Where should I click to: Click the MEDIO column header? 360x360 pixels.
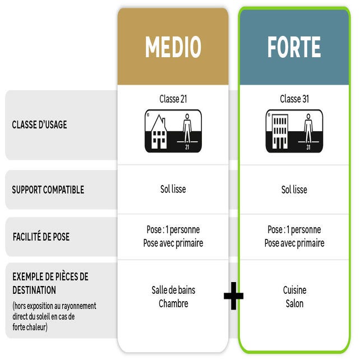(173, 47)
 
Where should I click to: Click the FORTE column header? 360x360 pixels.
(294, 47)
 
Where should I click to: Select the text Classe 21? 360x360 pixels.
(173, 99)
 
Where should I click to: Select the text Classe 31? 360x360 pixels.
(294, 99)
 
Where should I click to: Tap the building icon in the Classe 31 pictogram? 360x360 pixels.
(279, 132)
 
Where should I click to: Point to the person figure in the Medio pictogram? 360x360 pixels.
(187, 129)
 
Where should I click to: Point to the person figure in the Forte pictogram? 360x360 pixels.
(308, 129)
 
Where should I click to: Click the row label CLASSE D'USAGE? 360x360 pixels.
(39, 125)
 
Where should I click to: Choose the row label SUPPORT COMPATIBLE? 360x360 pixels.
(48, 190)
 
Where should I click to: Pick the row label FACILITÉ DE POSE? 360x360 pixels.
(41, 237)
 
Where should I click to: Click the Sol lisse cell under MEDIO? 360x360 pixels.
(173, 190)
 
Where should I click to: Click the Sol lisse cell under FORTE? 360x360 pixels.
(294, 190)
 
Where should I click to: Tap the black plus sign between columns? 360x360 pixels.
(233, 296)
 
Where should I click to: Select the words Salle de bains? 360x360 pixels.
(173, 290)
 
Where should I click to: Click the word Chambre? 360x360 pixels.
(173, 303)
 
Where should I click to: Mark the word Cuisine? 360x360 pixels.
(294, 290)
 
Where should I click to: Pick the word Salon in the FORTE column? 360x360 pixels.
(294, 303)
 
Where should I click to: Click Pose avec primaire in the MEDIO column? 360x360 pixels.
(173, 243)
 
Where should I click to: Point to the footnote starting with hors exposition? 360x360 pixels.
(54, 316)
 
